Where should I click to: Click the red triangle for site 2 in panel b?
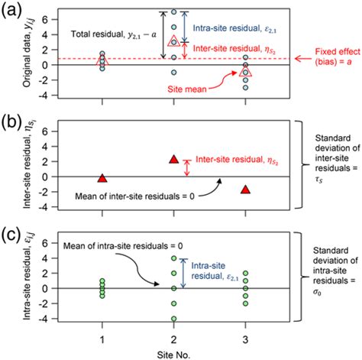(174, 160)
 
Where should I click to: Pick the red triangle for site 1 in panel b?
(104, 178)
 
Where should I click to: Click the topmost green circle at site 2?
(174, 258)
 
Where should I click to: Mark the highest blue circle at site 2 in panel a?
(174, 13)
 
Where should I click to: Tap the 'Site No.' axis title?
(174, 352)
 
